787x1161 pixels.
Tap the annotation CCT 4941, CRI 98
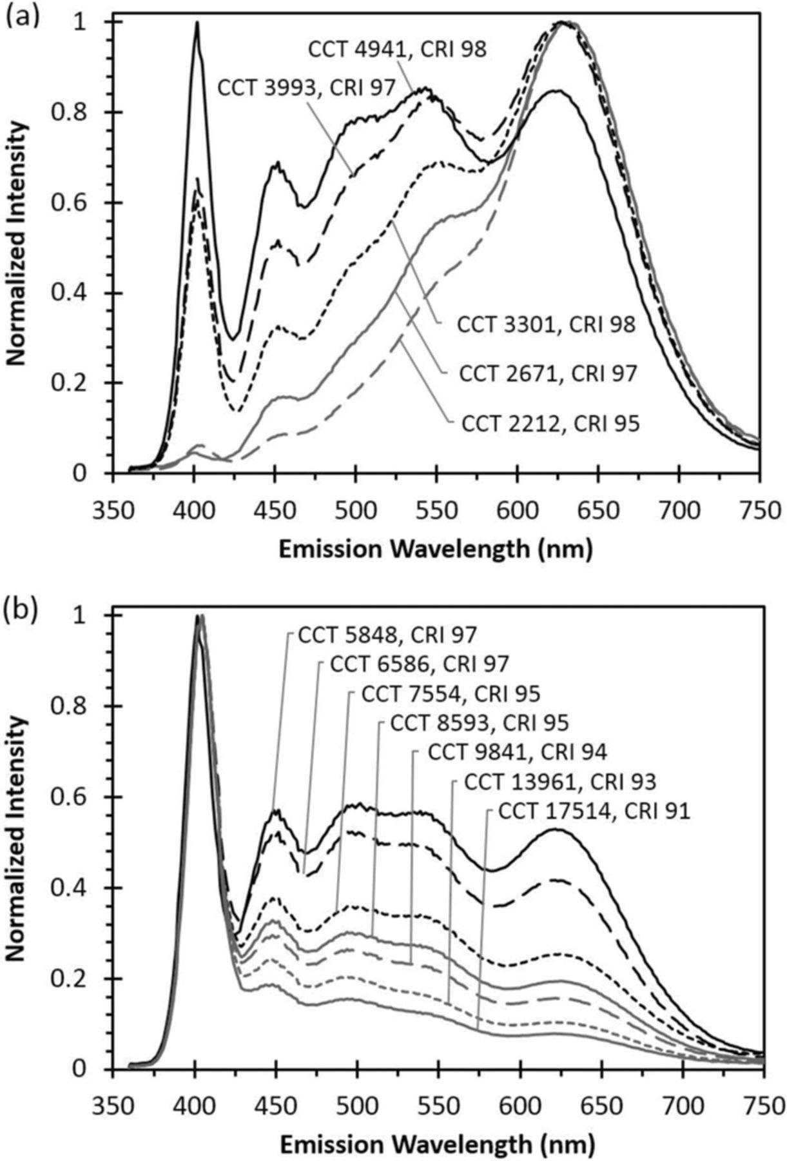coord(397,50)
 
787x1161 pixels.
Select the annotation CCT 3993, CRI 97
coord(306,88)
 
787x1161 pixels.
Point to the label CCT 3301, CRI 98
coord(546,324)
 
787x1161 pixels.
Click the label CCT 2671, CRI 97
coord(548,373)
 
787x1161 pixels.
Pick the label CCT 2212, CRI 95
coord(550,424)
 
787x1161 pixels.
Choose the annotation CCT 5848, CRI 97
coord(387,635)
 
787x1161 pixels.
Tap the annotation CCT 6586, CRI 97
coord(419,664)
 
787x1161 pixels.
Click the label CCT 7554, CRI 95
coord(451,693)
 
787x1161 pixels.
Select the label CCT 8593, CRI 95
coord(480,723)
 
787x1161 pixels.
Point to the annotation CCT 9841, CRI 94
coord(517,752)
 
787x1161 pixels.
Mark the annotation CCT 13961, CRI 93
coord(559,782)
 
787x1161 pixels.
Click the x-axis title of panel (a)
coord(435,549)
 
